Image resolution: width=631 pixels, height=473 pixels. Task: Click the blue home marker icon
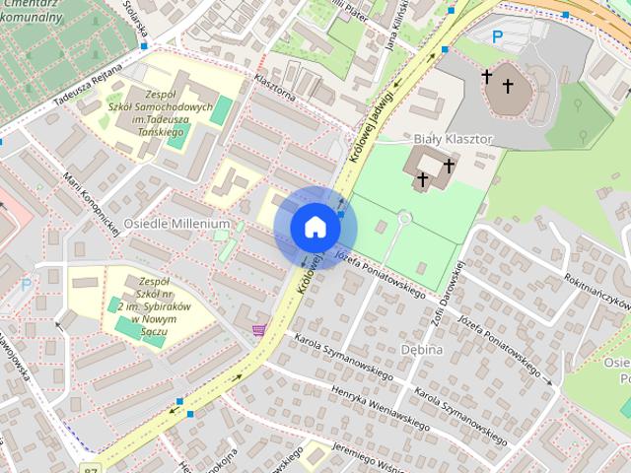click(x=315, y=227)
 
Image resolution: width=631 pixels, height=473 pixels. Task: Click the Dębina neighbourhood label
click(x=422, y=349)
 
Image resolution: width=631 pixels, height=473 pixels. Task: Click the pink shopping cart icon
click(x=258, y=330)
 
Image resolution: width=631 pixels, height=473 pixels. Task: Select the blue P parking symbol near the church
click(x=497, y=36)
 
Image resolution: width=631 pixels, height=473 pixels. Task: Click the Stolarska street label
click(x=135, y=16)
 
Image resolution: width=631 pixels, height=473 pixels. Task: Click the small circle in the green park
click(x=403, y=216)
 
